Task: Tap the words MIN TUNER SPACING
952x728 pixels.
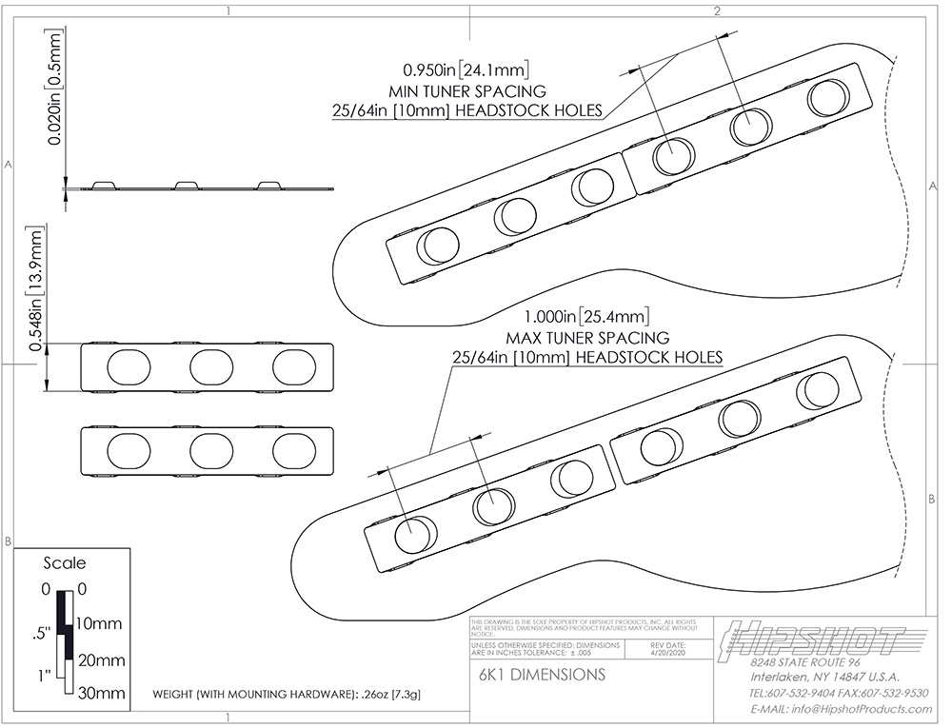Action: tap(467, 91)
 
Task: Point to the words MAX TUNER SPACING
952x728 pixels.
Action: tap(586, 338)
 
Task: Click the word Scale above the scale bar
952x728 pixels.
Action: tap(65, 562)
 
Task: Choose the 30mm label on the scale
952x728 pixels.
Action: tap(100, 694)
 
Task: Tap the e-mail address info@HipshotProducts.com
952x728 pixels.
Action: tap(840, 709)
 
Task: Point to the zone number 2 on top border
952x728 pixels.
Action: tap(716, 11)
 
